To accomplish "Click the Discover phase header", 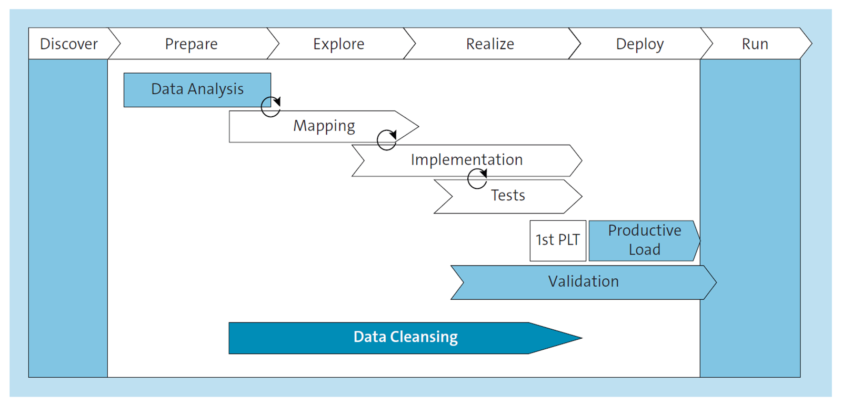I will [69, 44].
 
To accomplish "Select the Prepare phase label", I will [191, 44].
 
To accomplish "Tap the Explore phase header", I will [338, 44].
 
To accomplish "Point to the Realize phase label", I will [490, 44].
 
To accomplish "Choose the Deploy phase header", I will [639, 44].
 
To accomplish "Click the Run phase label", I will [755, 44].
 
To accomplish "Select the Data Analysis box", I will [197, 89].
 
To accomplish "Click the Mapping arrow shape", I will [324, 126].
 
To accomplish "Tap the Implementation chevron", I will [466, 160].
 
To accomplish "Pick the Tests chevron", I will [508, 196].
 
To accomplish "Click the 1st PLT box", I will [557, 240].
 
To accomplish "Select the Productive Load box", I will [644, 240].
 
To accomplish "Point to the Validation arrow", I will [583, 282].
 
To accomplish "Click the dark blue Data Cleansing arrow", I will [405, 337].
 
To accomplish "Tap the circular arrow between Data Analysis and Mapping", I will [271, 107].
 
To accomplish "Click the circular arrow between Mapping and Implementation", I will [387, 140].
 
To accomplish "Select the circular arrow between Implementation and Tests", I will [477, 179].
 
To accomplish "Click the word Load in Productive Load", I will [644, 250].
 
